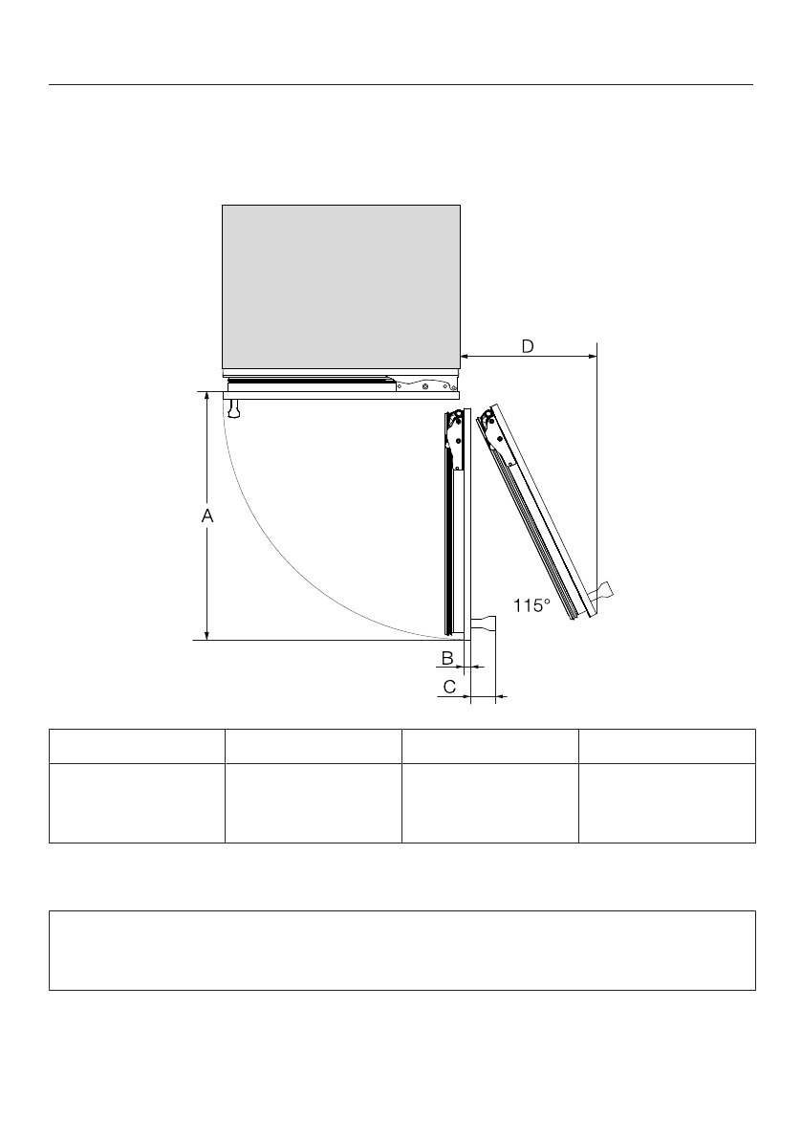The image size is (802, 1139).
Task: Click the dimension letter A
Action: point(207,515)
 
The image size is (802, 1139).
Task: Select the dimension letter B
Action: point(447,658)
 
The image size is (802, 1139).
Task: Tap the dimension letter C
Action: point(449,687)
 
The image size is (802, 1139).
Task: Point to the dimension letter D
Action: point(528,346)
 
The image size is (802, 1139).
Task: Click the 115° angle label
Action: point(532,605)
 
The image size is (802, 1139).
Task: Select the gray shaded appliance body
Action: point(341,287)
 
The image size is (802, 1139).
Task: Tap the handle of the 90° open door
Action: point(484,623)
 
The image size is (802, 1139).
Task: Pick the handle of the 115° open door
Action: point(602,592)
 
